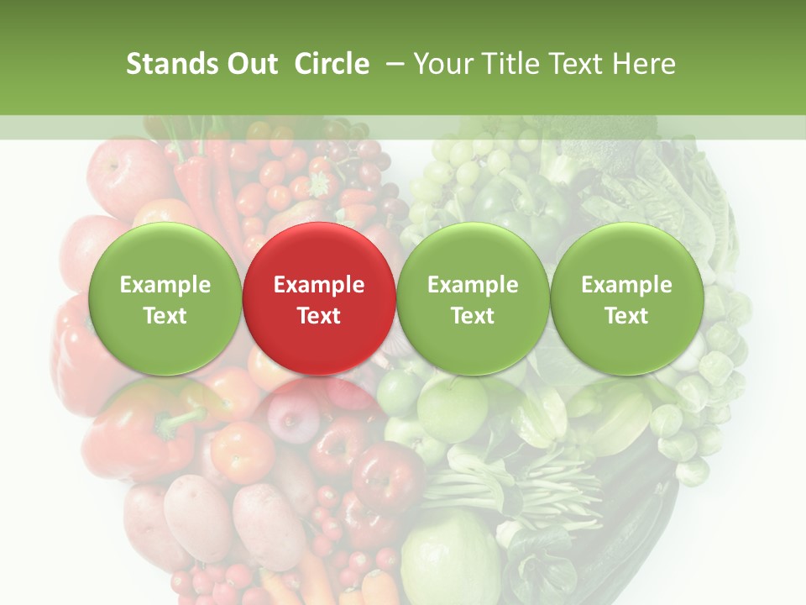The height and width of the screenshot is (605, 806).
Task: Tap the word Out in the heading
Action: point(250,65)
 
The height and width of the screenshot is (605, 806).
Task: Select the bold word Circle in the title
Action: point(332,65)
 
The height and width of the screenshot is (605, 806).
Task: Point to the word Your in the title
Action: point(444,65)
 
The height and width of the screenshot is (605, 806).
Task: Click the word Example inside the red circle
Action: point(318,285)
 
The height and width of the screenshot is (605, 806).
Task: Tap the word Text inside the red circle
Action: point(318,316)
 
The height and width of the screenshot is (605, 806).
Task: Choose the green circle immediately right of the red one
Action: point(473,298)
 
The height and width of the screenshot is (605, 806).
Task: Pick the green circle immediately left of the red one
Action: point(165,298)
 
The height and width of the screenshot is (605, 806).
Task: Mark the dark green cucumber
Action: point(638,538)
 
